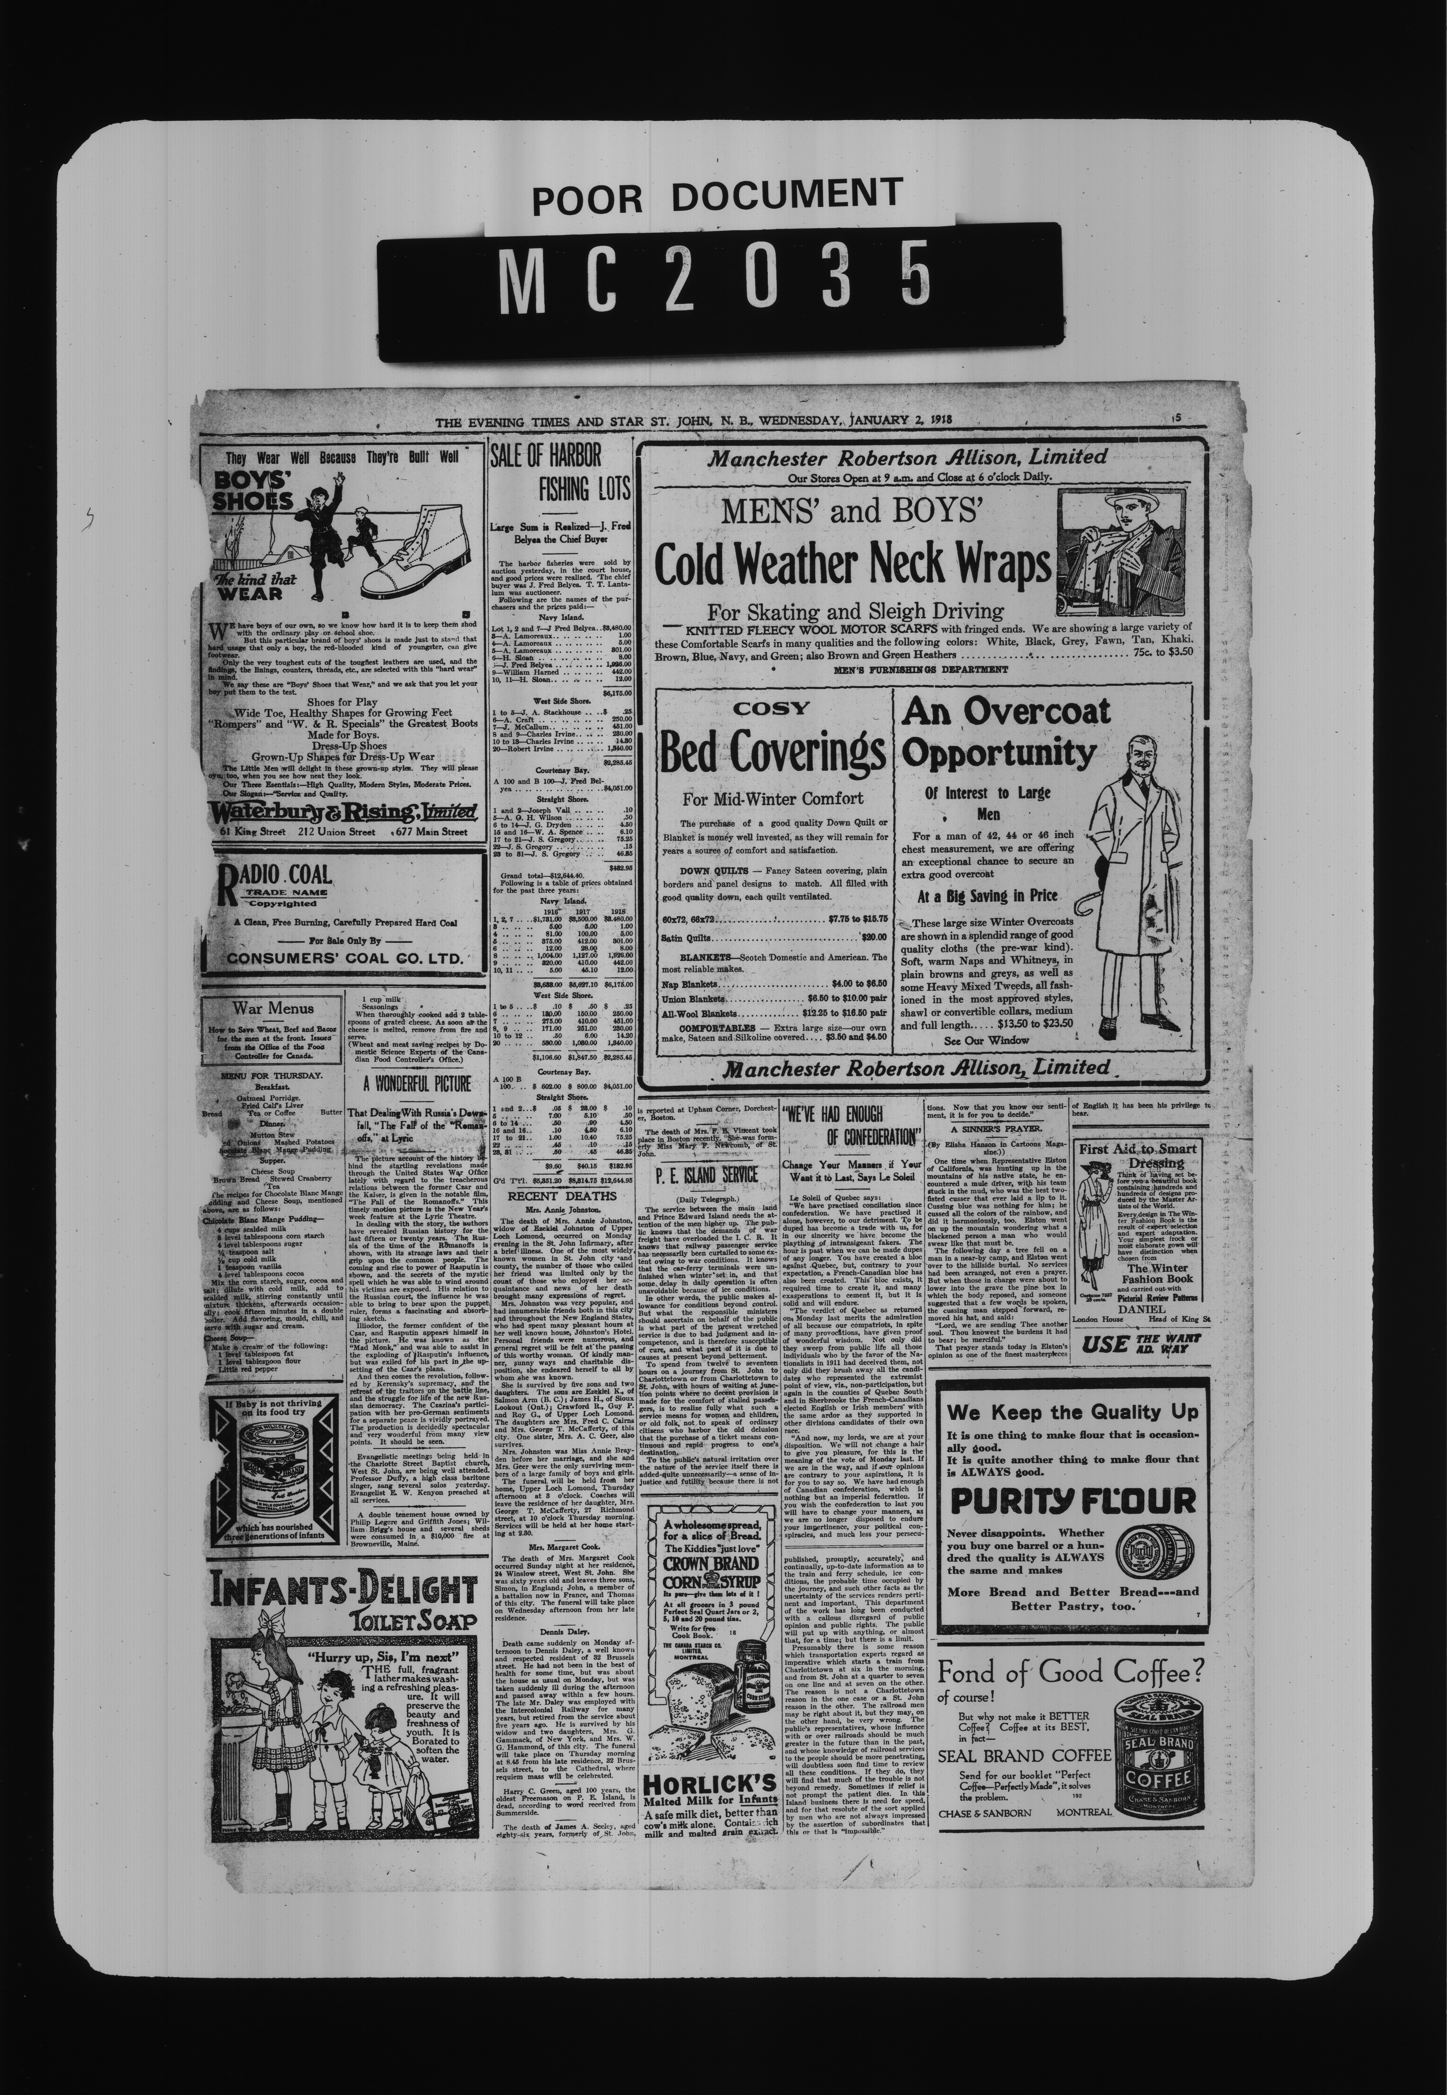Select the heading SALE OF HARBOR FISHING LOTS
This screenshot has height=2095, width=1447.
[559, 472]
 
